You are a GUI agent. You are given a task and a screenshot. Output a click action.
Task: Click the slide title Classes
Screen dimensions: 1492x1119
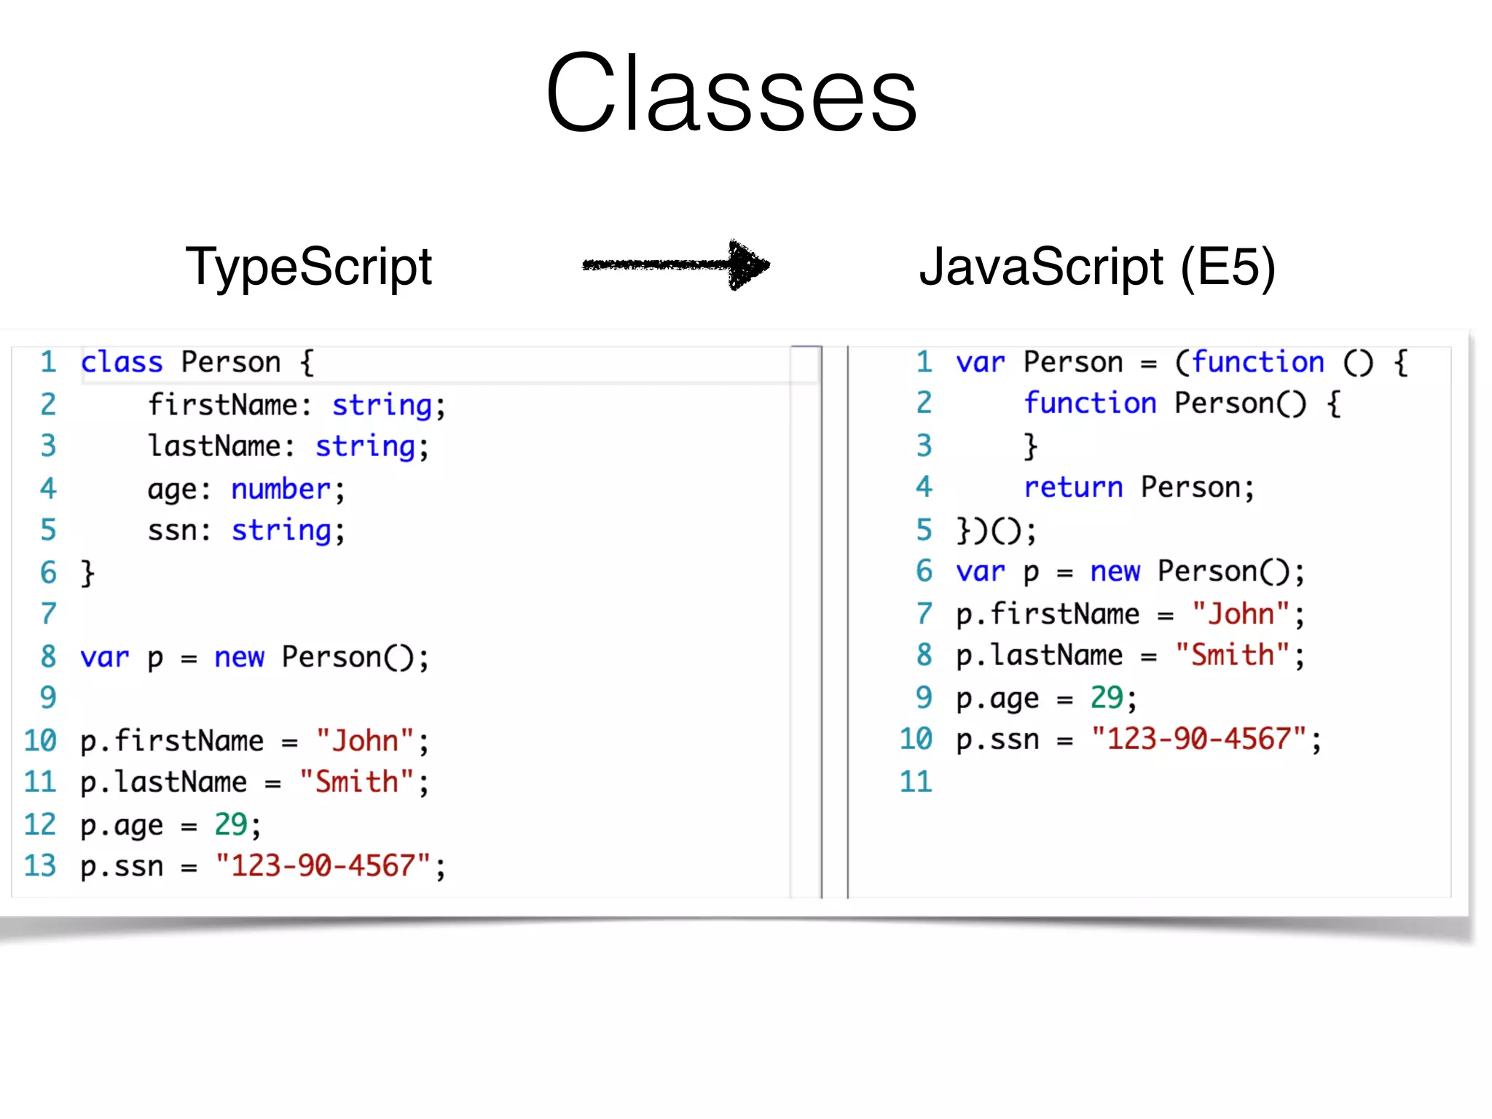[x=731, y=93]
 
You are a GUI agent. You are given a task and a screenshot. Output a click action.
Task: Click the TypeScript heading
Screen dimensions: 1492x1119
[x=309, y=267]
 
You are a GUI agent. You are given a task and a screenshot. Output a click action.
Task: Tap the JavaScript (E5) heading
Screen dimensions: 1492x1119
[x=1096, y=267]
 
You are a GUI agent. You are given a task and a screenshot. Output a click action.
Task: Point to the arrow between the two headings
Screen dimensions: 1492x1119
[x=676, y=264]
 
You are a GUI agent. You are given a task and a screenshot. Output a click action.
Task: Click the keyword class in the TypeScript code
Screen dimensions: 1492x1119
[x=122, y=362]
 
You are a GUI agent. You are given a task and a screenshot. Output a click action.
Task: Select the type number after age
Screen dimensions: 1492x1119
[x=280, y=489]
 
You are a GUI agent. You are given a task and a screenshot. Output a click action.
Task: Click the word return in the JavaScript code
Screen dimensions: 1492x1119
[x=1073, y=487]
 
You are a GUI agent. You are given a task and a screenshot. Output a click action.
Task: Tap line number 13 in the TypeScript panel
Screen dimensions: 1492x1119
[x=40, y=866]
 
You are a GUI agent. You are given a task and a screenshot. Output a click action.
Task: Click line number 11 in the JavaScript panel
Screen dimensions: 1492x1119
[x=916, y=782]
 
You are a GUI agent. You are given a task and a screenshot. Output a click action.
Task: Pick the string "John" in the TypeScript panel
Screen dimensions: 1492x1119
[x=365, y=741]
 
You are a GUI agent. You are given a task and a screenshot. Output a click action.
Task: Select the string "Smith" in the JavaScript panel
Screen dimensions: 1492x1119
[x=1233, y=656]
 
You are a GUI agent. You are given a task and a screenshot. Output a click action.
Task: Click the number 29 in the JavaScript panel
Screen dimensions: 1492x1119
[x=1107, y=698]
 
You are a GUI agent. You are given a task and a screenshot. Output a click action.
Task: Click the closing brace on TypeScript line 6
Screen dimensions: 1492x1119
[x=87, y=573]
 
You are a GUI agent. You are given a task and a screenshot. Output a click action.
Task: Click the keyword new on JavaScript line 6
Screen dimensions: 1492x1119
[x=1115, y=572]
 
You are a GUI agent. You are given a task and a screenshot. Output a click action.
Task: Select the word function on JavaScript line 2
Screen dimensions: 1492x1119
[x=1090, y=403]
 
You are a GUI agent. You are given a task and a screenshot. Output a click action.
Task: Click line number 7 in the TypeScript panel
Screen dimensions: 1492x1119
[x=48, y=614]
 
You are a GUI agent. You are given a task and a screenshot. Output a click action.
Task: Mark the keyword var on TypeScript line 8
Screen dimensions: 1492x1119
[x=104, y=658]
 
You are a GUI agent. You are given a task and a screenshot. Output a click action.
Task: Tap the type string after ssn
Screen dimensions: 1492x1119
[x=281, y=531]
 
